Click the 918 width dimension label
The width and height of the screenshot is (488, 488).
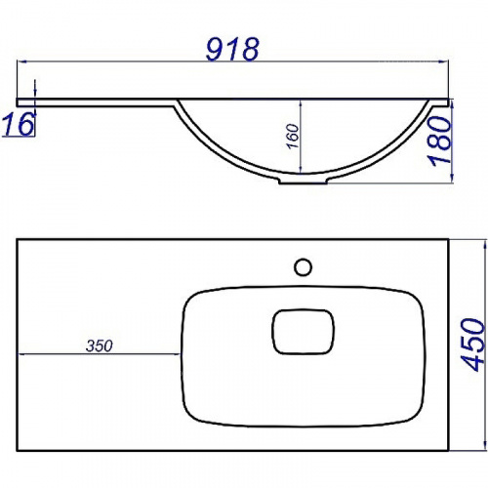coord(232,49)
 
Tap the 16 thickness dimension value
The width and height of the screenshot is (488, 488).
coord(19,124)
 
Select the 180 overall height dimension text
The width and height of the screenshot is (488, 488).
coord(441,141)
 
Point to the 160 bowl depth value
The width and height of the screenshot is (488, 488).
coord(293,136)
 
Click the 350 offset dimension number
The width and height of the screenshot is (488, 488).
coord(100,346)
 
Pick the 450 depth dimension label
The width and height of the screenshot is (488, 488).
coord(472,345)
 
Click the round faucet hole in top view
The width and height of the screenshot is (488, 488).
coord(303,267)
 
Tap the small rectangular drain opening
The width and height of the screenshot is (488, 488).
coord(303,332)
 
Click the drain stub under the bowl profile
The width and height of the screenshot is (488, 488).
coord(303,181)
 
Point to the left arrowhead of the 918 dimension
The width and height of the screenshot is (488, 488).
coord(21,61)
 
